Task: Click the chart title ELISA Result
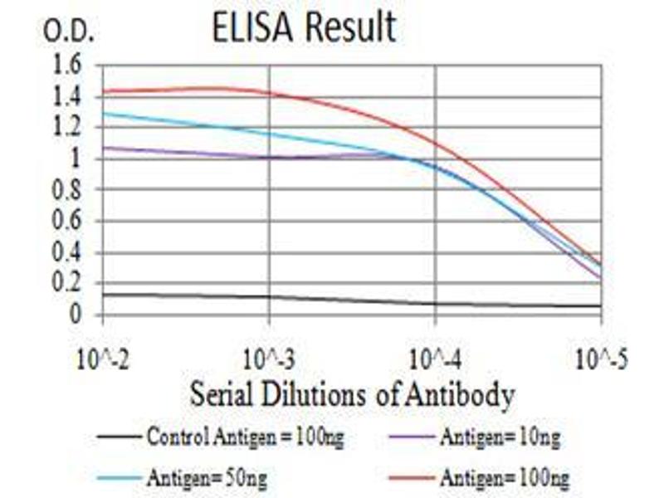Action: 304,27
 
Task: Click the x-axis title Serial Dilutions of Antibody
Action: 352,393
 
